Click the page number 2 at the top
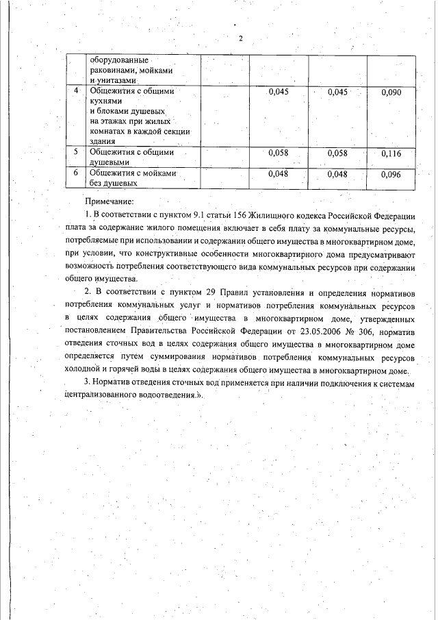[240, 38]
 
